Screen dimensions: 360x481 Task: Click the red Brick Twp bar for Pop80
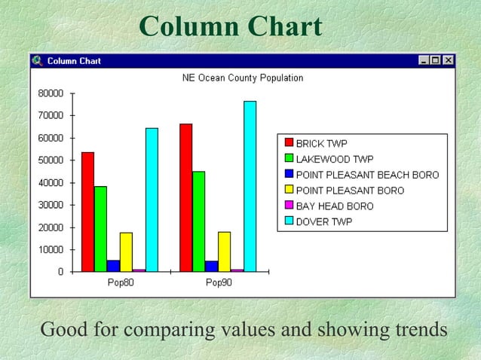[87, 212]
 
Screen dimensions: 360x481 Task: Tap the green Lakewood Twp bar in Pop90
[198, 221]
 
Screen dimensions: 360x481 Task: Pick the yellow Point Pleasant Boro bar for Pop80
[126, 252]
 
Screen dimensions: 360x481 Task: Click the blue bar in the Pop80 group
[113, 265]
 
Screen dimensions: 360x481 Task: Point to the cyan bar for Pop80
[152, 200]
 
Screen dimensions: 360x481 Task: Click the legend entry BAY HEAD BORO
[334, 206]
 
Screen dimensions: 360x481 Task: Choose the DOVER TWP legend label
[323, 221]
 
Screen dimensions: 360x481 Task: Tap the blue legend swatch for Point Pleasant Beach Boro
[288, 174]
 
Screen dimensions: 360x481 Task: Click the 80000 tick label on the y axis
[51, 93]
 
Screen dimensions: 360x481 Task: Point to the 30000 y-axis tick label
[51, 205]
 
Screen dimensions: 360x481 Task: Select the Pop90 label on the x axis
[219, 283]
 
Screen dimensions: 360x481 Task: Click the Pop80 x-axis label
[121, 283]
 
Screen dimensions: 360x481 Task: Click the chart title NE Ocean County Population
[243, 78]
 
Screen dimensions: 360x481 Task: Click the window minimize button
[424, 60]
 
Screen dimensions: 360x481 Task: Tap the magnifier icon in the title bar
[38, 60]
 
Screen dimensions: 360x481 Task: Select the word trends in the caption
[414, 330]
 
